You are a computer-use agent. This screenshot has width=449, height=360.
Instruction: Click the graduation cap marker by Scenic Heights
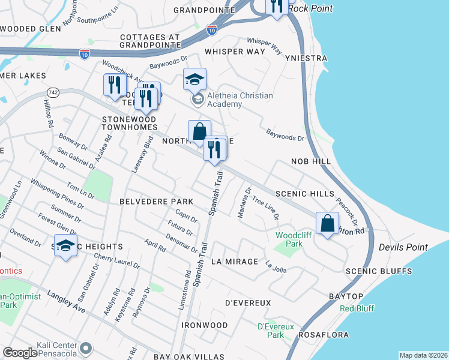pos(66,246)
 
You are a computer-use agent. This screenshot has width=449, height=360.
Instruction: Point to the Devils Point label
pos(403,247)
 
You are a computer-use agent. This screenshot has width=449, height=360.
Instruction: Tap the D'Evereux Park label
pos(274,331)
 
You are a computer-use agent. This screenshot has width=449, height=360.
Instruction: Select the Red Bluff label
pos(357,308)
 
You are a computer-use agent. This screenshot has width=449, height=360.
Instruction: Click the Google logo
pos(20,353)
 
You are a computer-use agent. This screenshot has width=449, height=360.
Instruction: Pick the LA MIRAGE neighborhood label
pos(235,262)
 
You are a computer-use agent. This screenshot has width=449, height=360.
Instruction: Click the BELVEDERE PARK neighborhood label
pos(156,201)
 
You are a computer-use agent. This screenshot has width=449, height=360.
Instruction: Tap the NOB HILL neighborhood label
pos(311,162)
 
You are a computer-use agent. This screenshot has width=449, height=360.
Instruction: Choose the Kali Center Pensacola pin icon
pos(86,348)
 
